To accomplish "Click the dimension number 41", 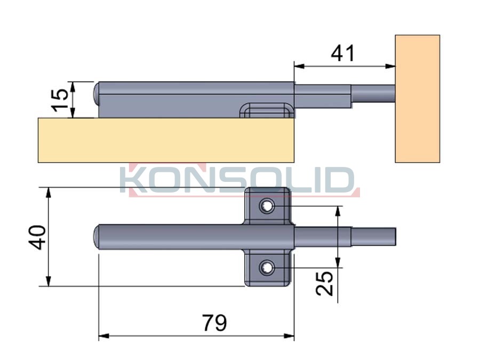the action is pos(342,53).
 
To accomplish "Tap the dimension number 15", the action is pos(60,100).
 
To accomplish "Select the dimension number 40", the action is pos(37,237).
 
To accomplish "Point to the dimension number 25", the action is pos(324,284).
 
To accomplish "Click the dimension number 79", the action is pos(214,323).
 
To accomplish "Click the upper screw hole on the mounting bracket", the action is pos(267,206).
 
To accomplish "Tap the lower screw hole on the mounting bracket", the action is pos(267,268).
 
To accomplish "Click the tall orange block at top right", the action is pos(417,99).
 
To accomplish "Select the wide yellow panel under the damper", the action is pos(166,140).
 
